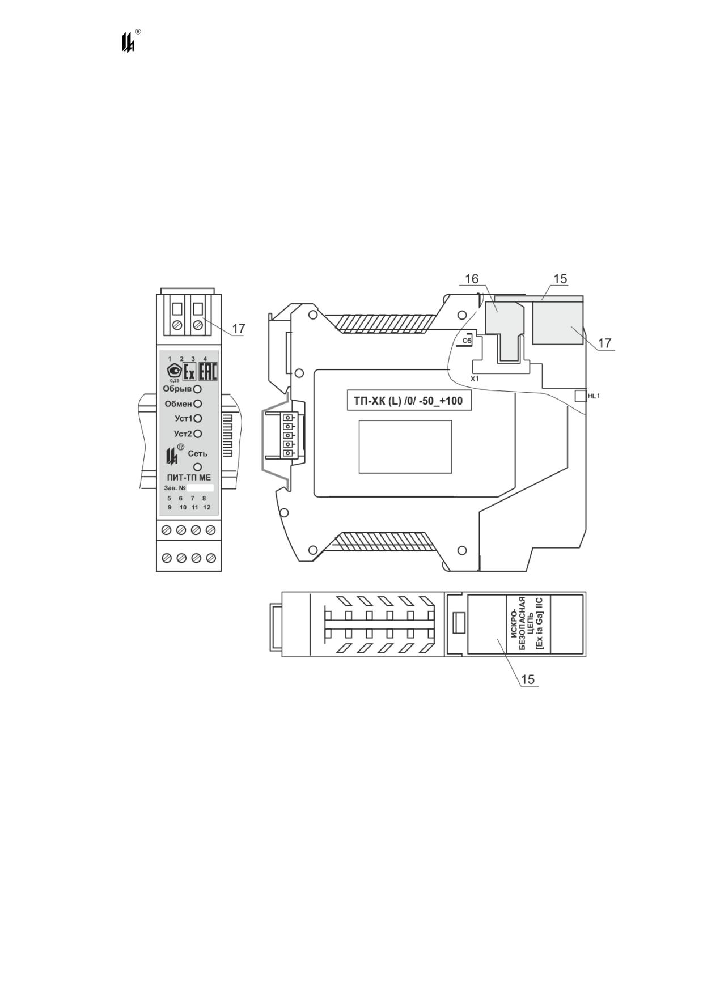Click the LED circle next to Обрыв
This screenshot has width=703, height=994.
(x=197, y=389)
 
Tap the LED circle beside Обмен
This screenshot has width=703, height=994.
(x=197, y=404)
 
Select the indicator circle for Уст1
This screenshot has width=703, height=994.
(x=197, y=419)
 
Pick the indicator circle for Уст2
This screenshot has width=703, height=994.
(x=197, y=434)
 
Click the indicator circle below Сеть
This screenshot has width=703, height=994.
(x=198, y=467)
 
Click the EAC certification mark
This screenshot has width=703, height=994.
(x=207, y=372)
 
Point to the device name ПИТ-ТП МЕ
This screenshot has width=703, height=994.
(x=189, y=478)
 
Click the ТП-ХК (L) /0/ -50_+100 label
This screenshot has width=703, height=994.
(x=408, y=401)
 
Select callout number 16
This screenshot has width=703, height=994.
(x=472, y=279)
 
